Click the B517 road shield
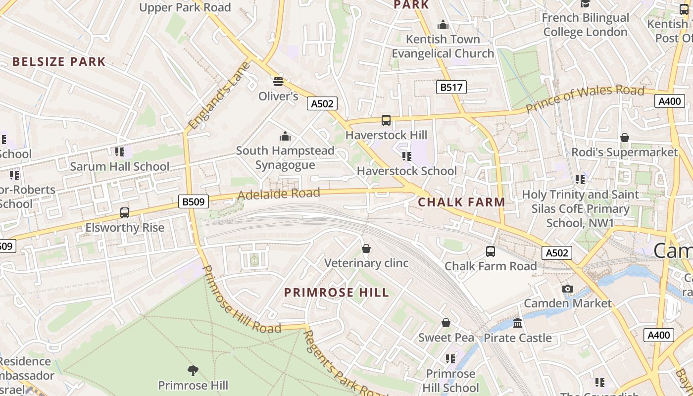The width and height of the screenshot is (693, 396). point(451,88)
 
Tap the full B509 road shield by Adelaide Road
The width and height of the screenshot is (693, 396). point(194,201)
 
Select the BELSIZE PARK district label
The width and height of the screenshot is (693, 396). point(59,62)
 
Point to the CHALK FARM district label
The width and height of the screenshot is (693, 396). point(461,202)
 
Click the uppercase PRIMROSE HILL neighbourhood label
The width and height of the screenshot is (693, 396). point(337,293)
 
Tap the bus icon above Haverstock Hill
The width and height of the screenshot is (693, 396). point(386,120)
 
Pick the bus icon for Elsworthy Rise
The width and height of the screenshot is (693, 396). point(125,213)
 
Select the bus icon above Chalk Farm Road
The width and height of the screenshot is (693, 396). point(491,251)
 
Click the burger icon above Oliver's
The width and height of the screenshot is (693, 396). point(278,81)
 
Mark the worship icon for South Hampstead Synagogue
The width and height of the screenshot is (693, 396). point(285,136)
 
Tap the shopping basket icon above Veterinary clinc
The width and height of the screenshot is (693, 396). point(366,248)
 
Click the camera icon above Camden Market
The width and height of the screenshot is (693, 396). point(568,289)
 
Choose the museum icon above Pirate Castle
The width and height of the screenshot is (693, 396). point(518,323)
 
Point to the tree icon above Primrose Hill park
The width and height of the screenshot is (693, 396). point(193,370)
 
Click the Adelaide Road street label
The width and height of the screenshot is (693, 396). point(279,194)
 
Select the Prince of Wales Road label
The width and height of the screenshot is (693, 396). point(585,98)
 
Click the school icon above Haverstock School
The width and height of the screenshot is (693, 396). point(407,156)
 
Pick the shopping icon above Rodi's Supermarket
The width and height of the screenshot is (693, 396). point(625,138)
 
